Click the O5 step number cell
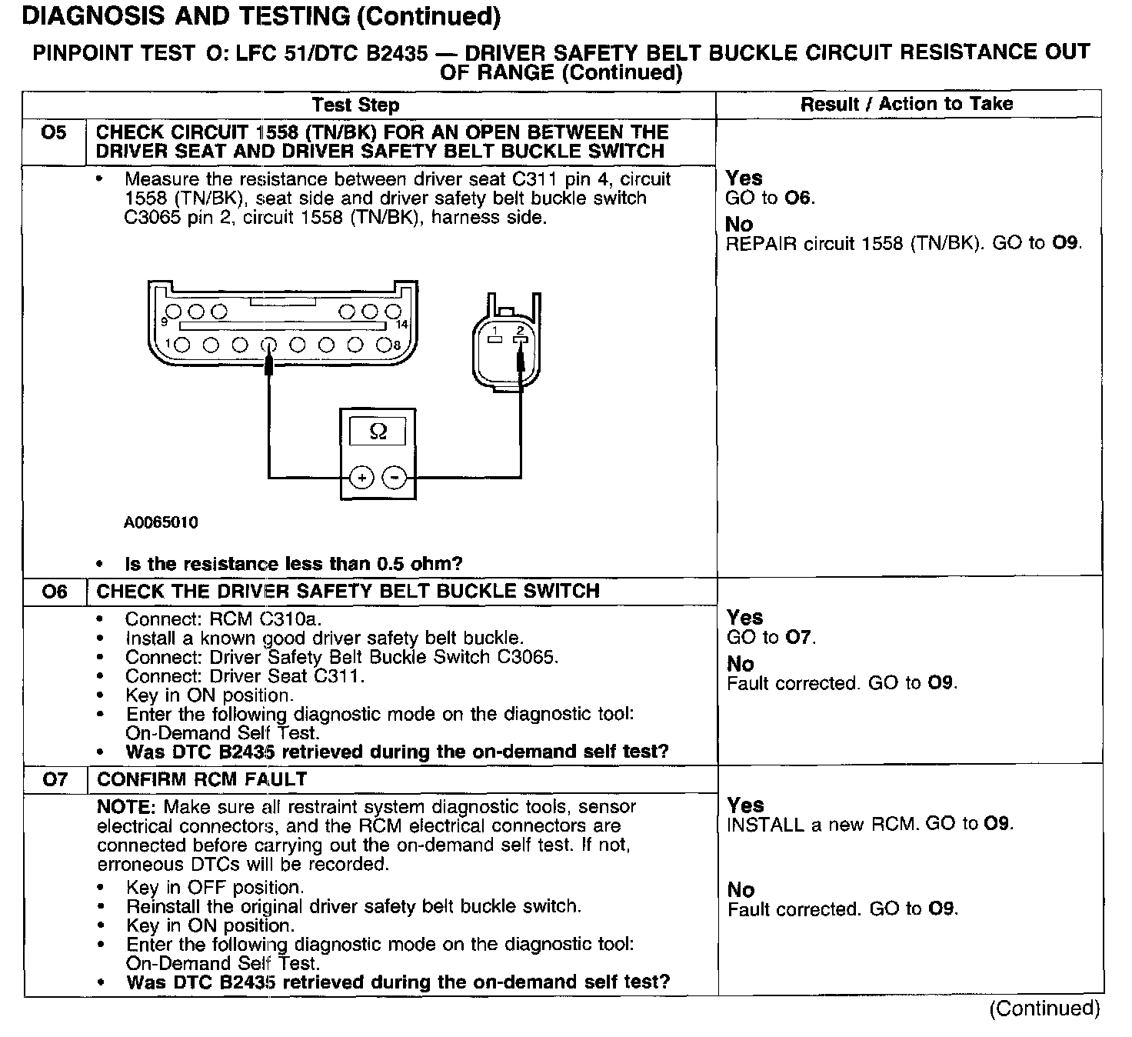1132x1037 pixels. coord(54,133)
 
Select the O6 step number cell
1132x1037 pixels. coord(54,592)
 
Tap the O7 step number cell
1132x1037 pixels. coord(55,780)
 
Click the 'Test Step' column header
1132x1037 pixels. coord(355,105)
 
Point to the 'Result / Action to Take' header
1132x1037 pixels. coord(907,104)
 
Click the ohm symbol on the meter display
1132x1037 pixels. coord(378,432)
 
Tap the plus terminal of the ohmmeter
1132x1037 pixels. coord(361,478)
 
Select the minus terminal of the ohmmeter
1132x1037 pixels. coord(395,478)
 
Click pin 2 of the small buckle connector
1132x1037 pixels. coord(521,338)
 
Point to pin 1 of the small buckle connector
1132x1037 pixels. coord(496,338)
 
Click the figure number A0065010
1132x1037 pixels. coord(161,523)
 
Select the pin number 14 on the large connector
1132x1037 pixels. coord(401,325)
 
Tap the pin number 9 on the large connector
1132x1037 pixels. coord(164,322)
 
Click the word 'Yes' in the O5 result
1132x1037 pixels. coord(744,178)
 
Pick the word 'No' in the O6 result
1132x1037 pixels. coord(741,664)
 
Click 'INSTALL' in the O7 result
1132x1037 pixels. coord(764,825)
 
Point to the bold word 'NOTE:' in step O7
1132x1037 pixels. coord(128,807)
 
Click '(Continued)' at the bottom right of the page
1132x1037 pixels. coord(1044,1009)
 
